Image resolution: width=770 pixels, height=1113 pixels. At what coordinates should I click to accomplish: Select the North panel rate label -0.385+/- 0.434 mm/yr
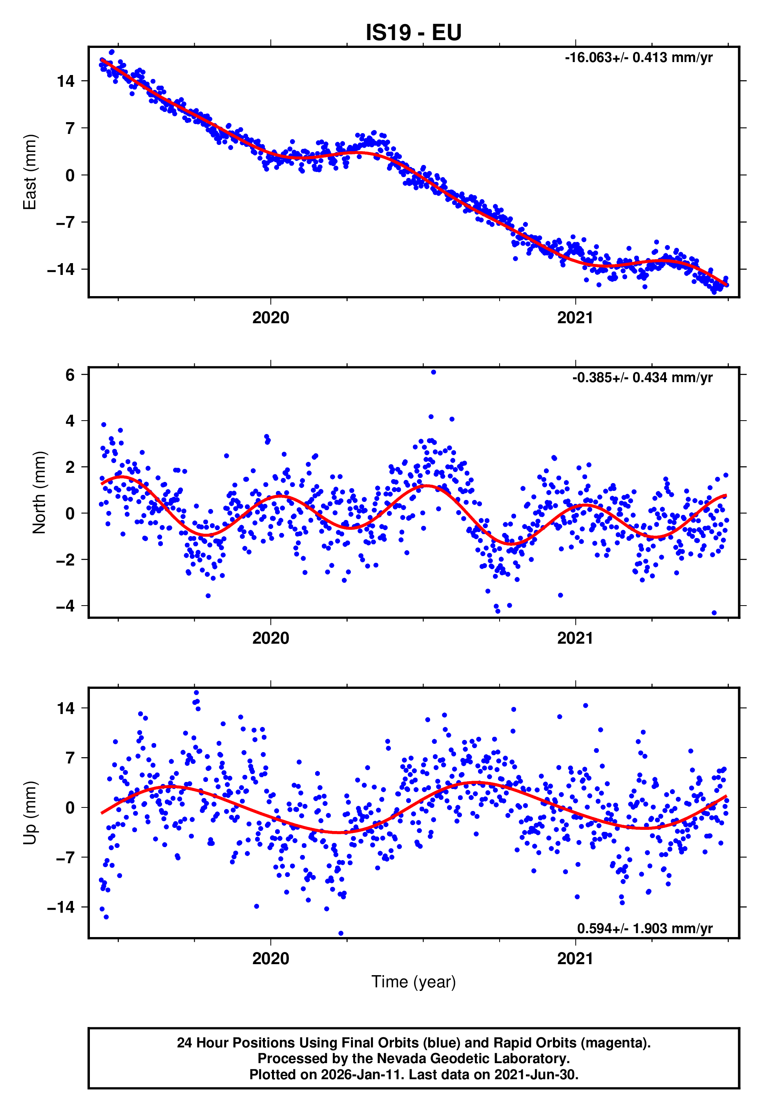coord(642,377)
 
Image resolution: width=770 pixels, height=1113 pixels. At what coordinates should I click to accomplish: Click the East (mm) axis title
coord(30,172)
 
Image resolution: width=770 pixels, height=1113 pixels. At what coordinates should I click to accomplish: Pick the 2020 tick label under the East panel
coord(271,318)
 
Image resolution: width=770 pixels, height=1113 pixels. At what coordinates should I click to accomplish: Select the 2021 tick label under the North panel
coord(575,638)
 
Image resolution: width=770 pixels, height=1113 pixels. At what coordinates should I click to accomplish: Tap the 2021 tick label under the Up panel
coord(575,959)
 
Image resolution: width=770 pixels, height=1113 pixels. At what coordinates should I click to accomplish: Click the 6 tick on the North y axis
coord(70,375)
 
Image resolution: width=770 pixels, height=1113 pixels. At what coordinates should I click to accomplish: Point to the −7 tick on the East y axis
coord(66,222)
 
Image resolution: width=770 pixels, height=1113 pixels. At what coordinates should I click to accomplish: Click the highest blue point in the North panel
coord(433,372)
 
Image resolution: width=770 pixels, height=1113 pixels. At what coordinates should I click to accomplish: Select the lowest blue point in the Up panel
coord(341,933)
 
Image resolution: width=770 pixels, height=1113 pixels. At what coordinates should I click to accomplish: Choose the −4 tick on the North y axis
coord(66,606)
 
